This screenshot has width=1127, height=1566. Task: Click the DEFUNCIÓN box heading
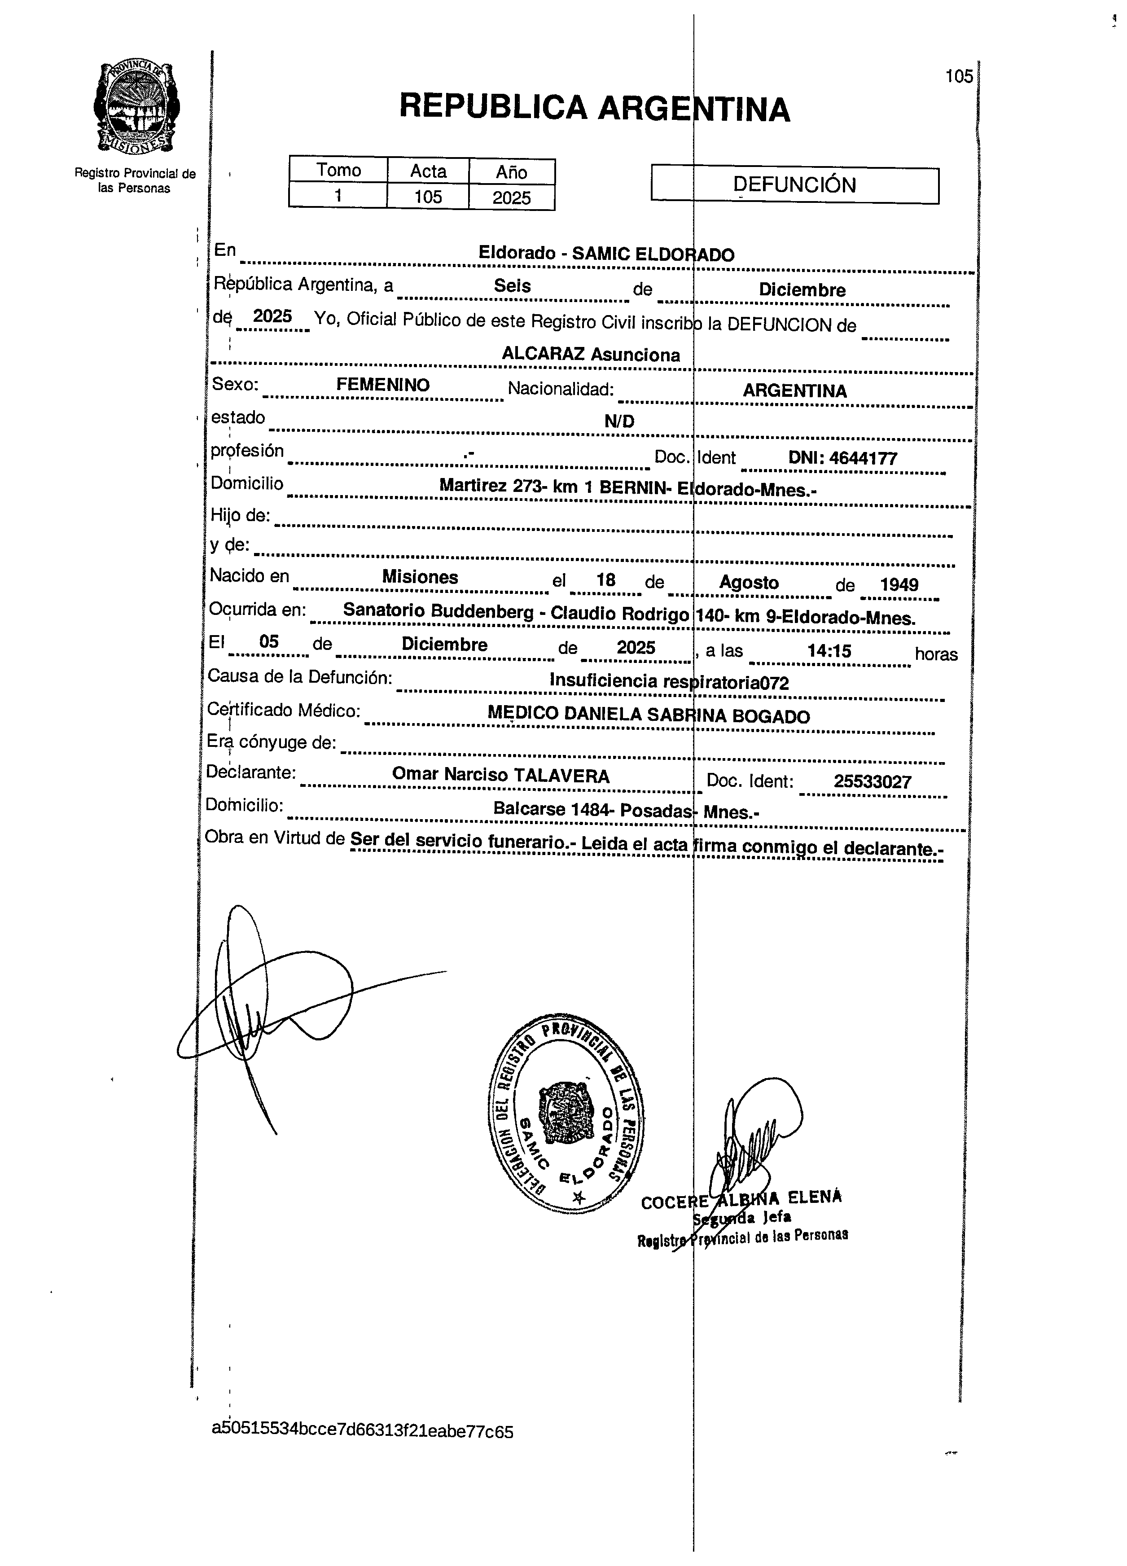pyautogui.click(x=794, y=185)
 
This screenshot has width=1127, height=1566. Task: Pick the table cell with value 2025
pyautogui.click(x=511, y=198)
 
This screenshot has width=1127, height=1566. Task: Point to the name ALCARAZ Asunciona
pyautogui.click(x=591, y=355)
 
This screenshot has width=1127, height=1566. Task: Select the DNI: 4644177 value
pyautogui.click(x=842, y=458)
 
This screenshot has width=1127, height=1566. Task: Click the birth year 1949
pyautogui.click(x=899, y=585)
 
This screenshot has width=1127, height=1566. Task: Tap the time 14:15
pyautogui.click(x=829, y=651)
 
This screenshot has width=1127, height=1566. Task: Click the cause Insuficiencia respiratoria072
pyautogui.click(x=668, y=681)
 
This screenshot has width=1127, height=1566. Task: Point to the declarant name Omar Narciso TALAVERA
pyautogui.click(x=500, y=776)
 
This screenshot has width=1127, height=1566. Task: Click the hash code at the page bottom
pyautogui.click(x=363, y=1430)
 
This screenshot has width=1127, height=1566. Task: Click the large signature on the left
pyautogui.click(x=276, y=1001)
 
